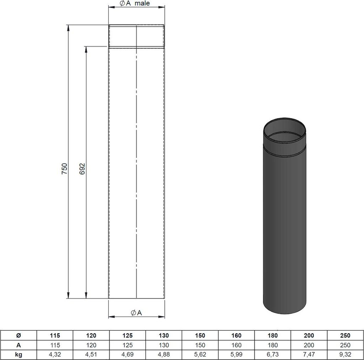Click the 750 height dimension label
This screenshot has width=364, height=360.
[65, 169]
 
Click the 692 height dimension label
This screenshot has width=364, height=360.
[82, 169]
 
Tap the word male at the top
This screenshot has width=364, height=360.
[142, 3]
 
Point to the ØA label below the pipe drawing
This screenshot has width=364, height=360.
[136, 313]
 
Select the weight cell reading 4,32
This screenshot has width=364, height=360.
[55, 354]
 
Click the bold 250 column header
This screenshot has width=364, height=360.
[345, 335]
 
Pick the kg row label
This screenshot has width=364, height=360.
[18, 354]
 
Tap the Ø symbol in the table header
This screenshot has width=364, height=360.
[18, 335]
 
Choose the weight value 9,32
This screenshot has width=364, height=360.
[345, 354]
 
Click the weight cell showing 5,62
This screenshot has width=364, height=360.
[200, 354]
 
